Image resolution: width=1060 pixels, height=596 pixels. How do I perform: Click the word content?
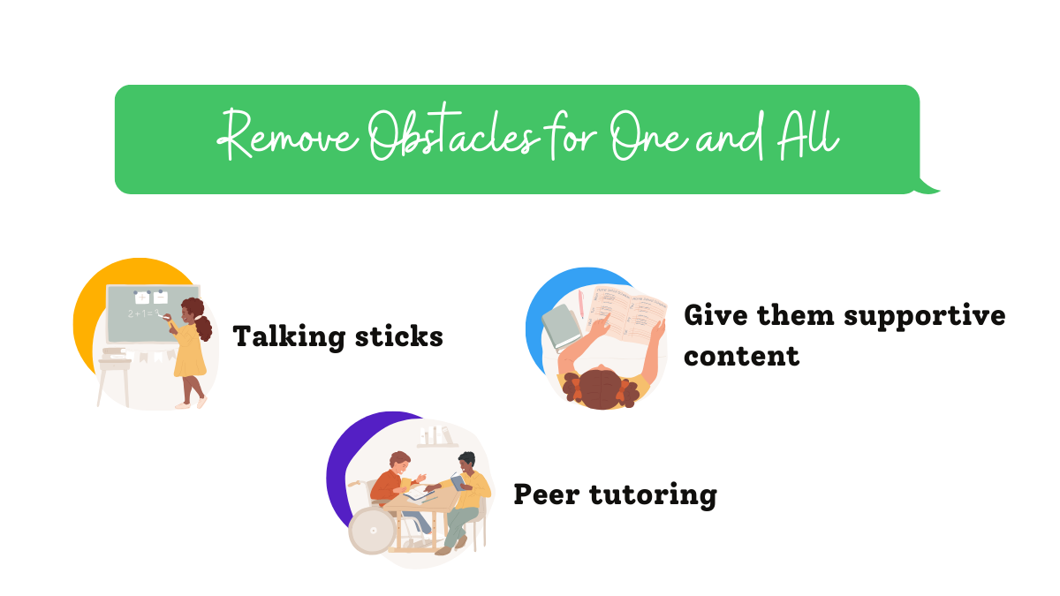741,356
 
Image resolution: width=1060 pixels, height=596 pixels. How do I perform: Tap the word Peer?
548,494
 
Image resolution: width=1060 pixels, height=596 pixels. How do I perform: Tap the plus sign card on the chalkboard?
140,298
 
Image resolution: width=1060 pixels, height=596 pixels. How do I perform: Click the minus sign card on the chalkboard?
160,298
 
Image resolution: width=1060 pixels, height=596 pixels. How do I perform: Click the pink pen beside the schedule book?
580,306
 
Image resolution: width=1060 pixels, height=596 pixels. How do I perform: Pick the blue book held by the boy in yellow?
456,482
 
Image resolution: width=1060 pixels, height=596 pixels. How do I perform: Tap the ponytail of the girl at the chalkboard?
204,328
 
